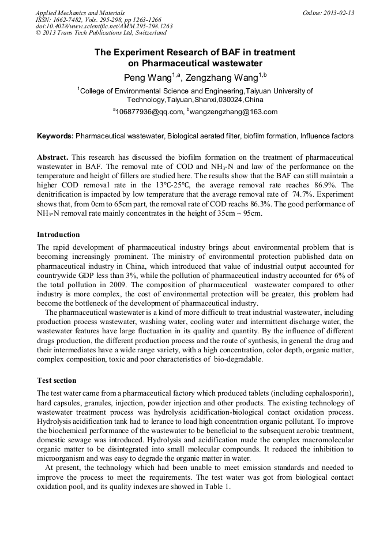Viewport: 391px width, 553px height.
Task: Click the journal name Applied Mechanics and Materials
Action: [x=80, y=13]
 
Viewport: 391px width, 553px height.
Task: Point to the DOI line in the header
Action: [x=104, y=27]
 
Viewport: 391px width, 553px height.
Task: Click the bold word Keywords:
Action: [x=55, y=136]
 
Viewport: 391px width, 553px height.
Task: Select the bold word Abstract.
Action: [x=54, y=157]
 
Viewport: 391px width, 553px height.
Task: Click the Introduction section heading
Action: [x=58, y=235]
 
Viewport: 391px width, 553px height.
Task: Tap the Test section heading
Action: [x=57, y=381]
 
